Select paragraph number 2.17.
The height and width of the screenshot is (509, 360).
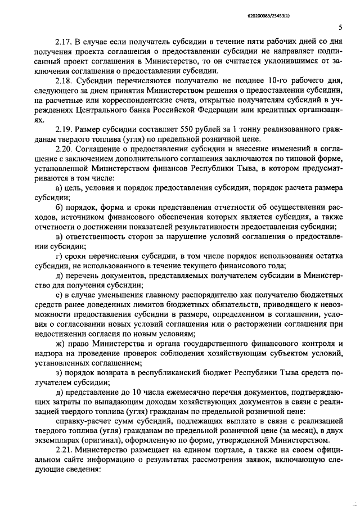64,43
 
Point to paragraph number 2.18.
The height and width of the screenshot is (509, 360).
65,82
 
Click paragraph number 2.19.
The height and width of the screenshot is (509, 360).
65,130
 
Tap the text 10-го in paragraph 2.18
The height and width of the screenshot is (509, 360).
262,82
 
